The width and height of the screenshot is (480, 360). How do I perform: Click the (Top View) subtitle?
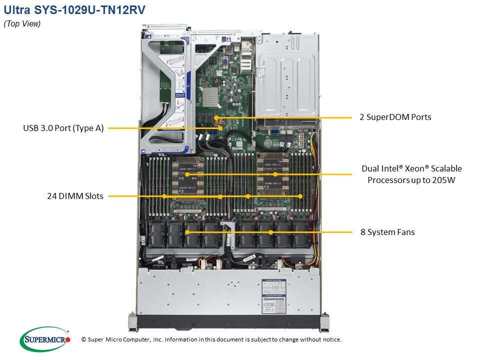22,23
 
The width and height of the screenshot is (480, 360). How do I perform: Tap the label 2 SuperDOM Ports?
395,117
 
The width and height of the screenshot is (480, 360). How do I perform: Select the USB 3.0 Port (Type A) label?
63,128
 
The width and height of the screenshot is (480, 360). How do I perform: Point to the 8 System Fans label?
387,232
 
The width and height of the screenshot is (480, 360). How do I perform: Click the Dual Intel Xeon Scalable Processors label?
411,174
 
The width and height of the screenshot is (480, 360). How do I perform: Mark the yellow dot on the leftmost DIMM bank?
164,196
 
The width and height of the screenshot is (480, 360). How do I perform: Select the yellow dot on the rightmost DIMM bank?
300,196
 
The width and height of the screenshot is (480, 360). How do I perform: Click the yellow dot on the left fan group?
186,232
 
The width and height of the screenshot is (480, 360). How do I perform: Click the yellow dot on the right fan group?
270,232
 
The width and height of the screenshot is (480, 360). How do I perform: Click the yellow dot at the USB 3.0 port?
220,128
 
